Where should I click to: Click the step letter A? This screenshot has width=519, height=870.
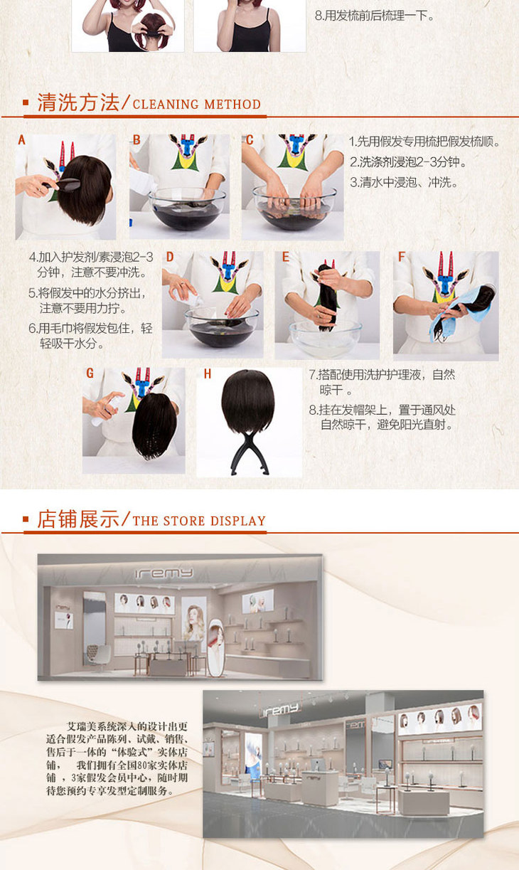pyautogui.click(x=22, y=140)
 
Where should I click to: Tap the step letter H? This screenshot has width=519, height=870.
pyautogui.click(x=208, y=374)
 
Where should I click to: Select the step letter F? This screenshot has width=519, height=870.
pyautogui.click(x=402, y=257)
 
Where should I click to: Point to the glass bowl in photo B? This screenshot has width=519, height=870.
pyautogui.click(x=187, y=208)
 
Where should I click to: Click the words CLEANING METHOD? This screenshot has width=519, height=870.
pyautogui.click(x=196, y=105)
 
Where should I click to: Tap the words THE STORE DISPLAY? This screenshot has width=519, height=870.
pyautogui.click(x=199, y=521)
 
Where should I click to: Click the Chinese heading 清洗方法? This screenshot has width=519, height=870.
pyautogui.click(x=78, y=102)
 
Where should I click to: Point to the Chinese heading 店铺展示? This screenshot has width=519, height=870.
pyautogui.click(x=78, y=519)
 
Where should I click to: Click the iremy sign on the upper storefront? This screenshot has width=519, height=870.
pyautogui.click(x=164, y=573)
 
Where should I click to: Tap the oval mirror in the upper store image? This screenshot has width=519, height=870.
pyautogui.click(x=216, y=648)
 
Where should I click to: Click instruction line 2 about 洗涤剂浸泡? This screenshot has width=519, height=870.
pyautogui.click(x=408, y=162)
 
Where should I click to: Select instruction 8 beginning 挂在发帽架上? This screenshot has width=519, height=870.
pyautogui.click(x=382, y=417)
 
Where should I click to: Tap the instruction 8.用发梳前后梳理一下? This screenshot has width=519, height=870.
pyautogui.click(x=374, y=16)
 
